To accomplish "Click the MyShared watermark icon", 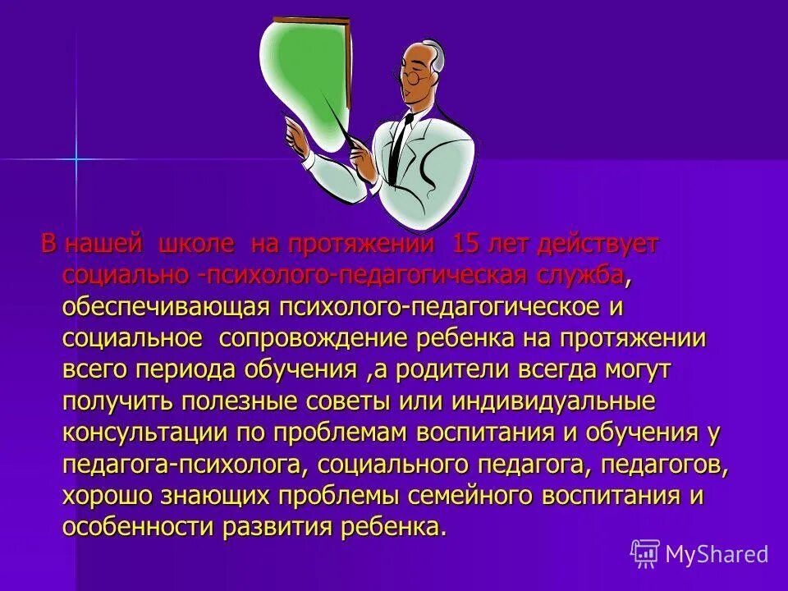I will click(x=645, y=554).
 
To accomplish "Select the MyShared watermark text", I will click(x=717, y=554).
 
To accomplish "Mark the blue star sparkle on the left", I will click(x=76, y=158).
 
